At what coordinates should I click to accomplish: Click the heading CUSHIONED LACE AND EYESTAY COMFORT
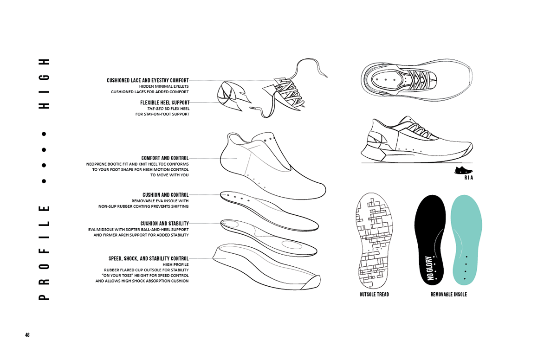148,80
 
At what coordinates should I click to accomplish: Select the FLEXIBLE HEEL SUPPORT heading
165,103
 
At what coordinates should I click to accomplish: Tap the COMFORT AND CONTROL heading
165,158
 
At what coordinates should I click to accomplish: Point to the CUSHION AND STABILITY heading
165,224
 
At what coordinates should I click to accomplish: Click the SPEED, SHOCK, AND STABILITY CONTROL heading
149,258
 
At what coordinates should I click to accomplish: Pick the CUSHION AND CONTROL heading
166,195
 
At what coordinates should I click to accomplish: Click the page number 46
27,335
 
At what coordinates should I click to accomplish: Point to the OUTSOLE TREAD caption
374,295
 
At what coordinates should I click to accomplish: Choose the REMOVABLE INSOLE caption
448,295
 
